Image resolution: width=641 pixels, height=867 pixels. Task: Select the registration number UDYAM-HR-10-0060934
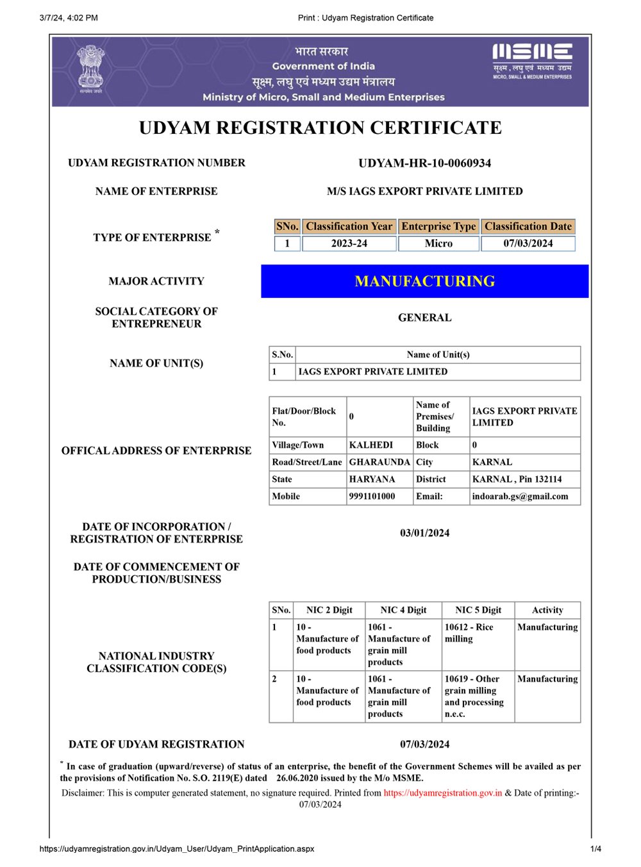[424, 163]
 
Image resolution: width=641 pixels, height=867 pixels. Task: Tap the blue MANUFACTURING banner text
[424, 281]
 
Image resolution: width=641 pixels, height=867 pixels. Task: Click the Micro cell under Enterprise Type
[438, 244]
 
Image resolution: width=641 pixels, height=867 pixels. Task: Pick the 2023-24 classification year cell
[349, 244]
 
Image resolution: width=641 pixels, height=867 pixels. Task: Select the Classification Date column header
[528, 226]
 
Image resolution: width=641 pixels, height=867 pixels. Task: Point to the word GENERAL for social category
[424, 318]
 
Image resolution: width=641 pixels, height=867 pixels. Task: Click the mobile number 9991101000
[372, 497]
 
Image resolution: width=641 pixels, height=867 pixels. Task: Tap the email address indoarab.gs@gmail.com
[520, 497]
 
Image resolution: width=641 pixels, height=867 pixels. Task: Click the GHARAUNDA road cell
[379, 462]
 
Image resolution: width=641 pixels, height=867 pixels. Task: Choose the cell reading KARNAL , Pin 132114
[517, 479]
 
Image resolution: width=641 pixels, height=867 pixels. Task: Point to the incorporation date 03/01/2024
[424, 533]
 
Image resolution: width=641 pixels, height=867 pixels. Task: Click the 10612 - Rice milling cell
[469, 633]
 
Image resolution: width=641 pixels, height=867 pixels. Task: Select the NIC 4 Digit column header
[403, 610]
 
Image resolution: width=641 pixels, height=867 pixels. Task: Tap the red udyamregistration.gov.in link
[443, 793]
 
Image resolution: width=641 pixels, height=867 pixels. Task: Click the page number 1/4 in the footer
[595, 849]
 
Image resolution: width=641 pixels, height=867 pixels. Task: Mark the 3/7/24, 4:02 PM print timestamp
[69, 18]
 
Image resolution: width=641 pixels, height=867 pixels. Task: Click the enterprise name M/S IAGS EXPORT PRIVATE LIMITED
[424, 192]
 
